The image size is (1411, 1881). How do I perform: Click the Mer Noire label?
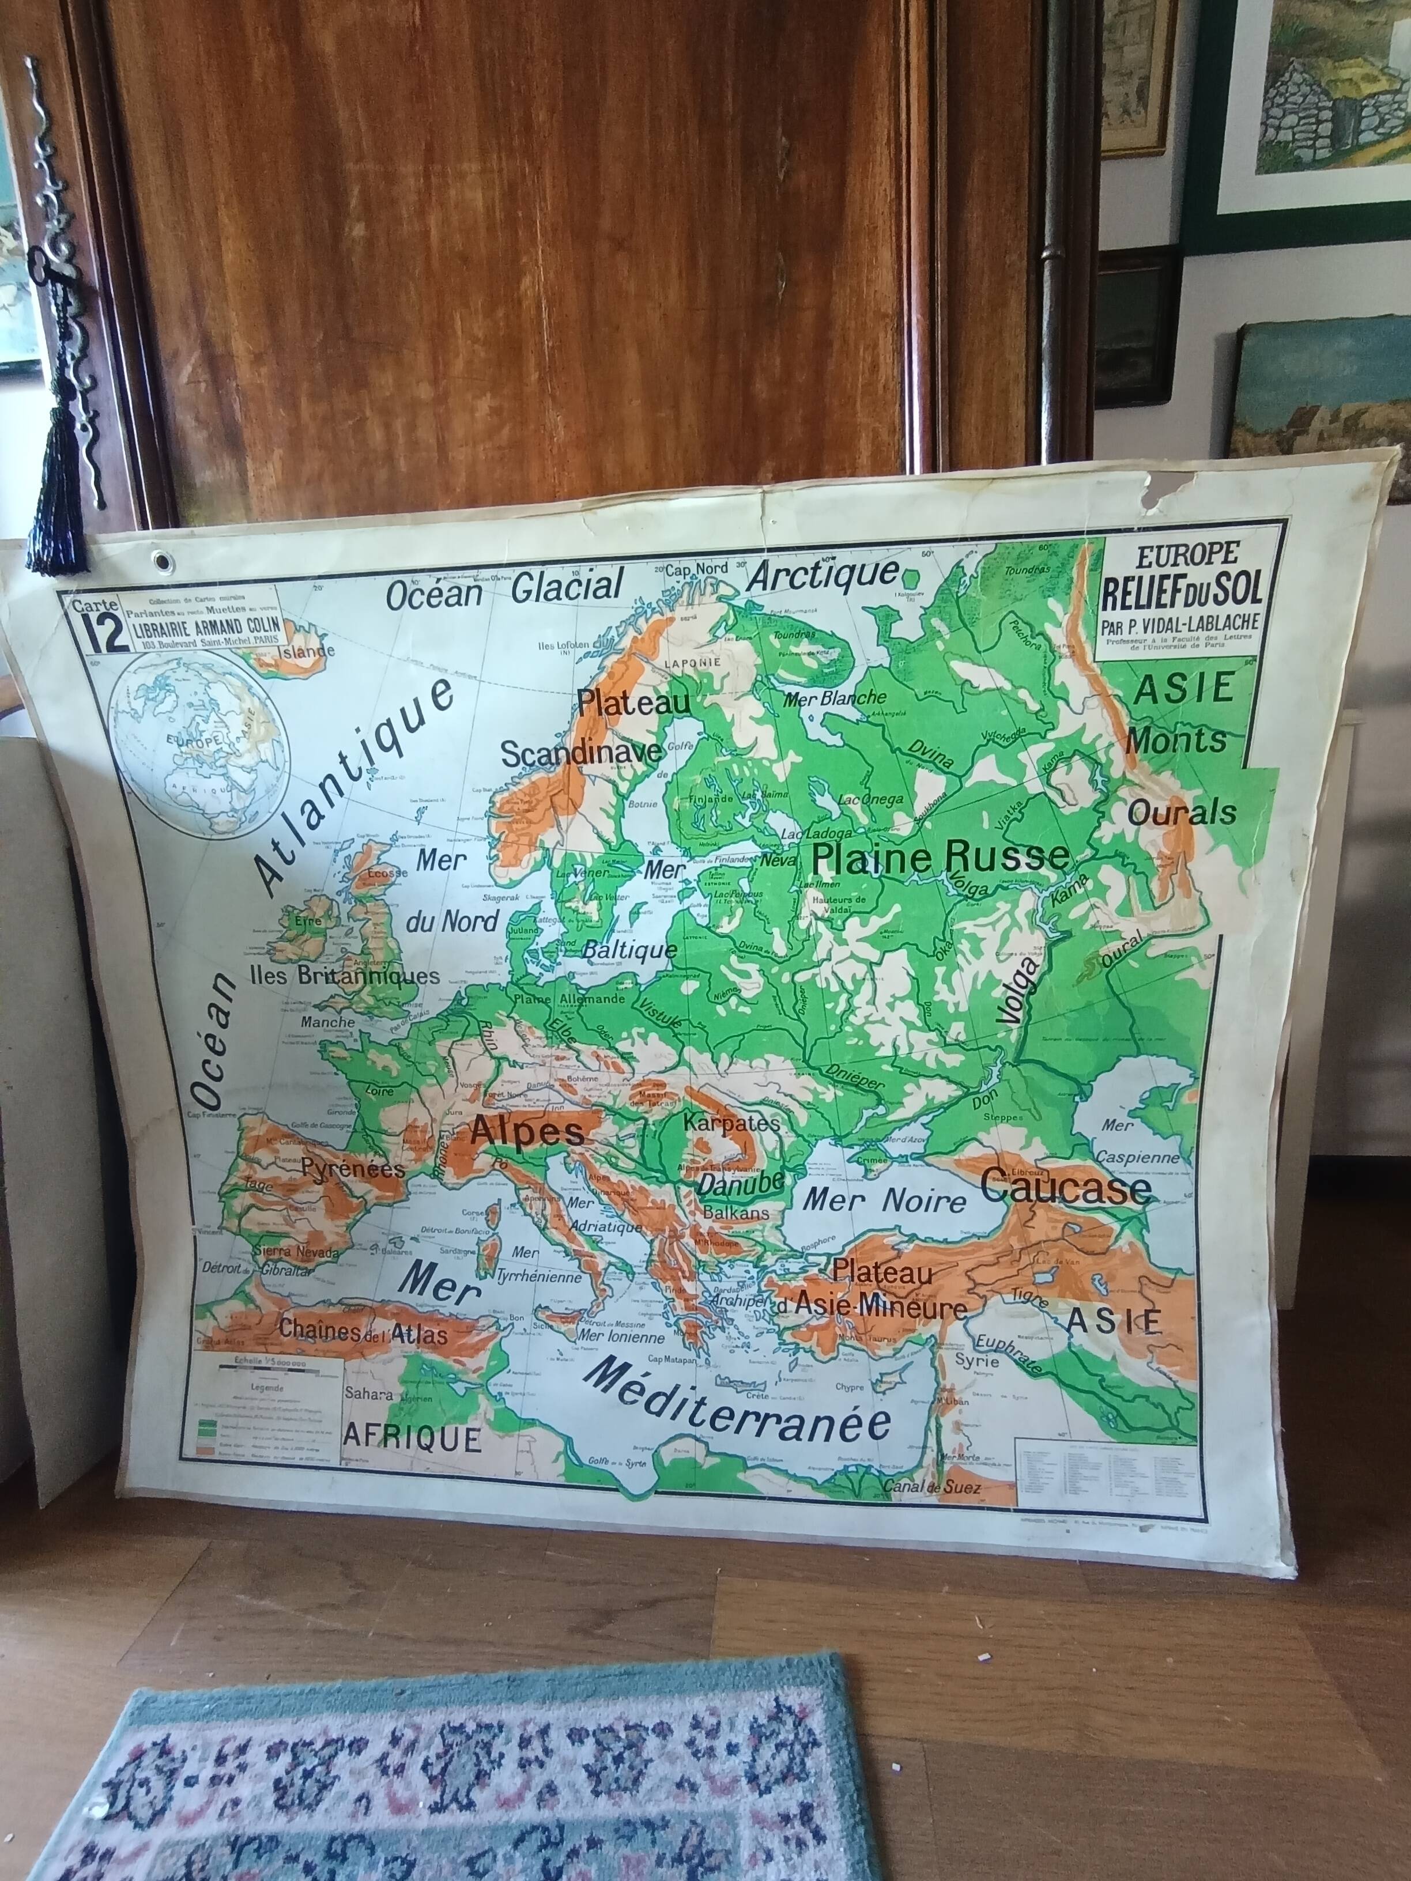(885, 1202)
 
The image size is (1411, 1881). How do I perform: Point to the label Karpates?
(731, 1123)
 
